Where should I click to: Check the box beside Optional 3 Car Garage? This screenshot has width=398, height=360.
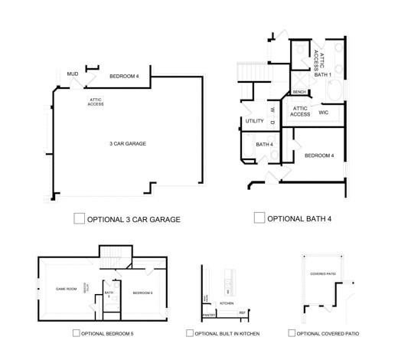79,218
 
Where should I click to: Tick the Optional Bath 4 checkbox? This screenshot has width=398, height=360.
259,218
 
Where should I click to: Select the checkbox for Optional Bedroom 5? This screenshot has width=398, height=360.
76,333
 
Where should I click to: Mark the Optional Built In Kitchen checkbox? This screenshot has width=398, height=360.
189,333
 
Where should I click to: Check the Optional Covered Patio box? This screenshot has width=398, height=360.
292,333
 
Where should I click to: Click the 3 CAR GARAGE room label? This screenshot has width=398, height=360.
127,144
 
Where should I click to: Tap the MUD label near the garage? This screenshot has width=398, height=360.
73,74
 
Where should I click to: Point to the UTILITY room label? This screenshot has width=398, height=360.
255,121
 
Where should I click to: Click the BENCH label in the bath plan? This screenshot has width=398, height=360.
299,93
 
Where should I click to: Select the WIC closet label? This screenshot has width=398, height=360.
324,112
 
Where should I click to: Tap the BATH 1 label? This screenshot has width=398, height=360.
324,75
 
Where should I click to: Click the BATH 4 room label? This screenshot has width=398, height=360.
265,144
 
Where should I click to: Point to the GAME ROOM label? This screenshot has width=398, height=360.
67,289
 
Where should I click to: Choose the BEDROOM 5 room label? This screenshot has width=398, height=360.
142,293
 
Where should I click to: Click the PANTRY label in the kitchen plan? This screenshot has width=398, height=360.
207,315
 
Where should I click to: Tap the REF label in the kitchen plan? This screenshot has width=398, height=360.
242,313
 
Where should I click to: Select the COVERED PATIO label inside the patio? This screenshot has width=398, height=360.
323,273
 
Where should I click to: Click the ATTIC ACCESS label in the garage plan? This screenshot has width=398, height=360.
96,101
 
